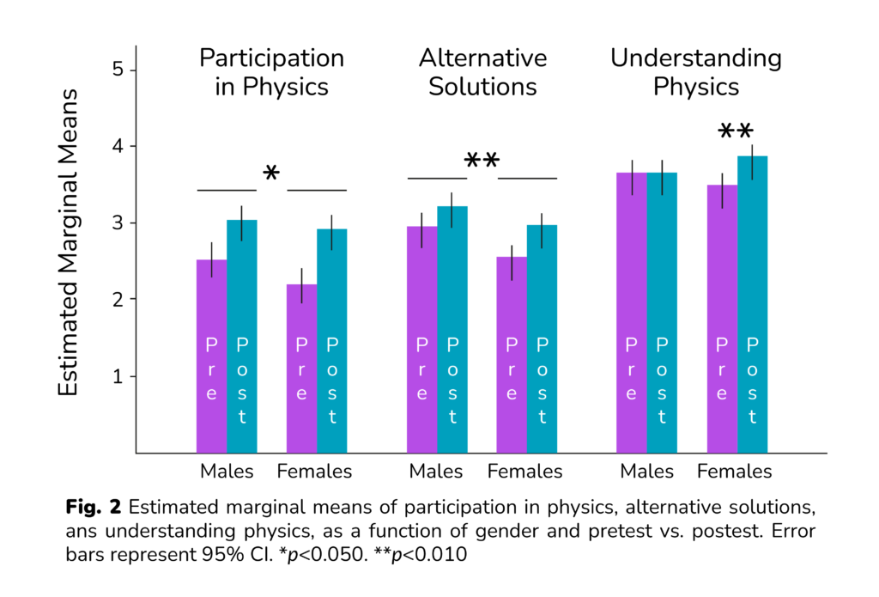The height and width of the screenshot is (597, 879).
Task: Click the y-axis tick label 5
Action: coord(119,70)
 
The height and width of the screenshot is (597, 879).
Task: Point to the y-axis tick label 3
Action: coord(119,223)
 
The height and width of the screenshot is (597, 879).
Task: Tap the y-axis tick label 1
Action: coord(119,376)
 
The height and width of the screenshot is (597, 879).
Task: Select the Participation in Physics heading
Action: coord(271,72)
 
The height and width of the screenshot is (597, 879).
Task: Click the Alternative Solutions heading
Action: coord(482,72)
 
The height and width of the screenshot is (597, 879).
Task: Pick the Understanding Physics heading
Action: coord(695,72)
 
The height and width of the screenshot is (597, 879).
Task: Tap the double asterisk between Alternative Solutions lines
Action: coord(482,162)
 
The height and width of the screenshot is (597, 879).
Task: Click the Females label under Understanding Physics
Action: coord(734,472)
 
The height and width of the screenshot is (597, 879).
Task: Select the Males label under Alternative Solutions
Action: coord(436,472)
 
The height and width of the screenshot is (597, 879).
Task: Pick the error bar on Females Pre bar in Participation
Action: coord(301,285)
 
